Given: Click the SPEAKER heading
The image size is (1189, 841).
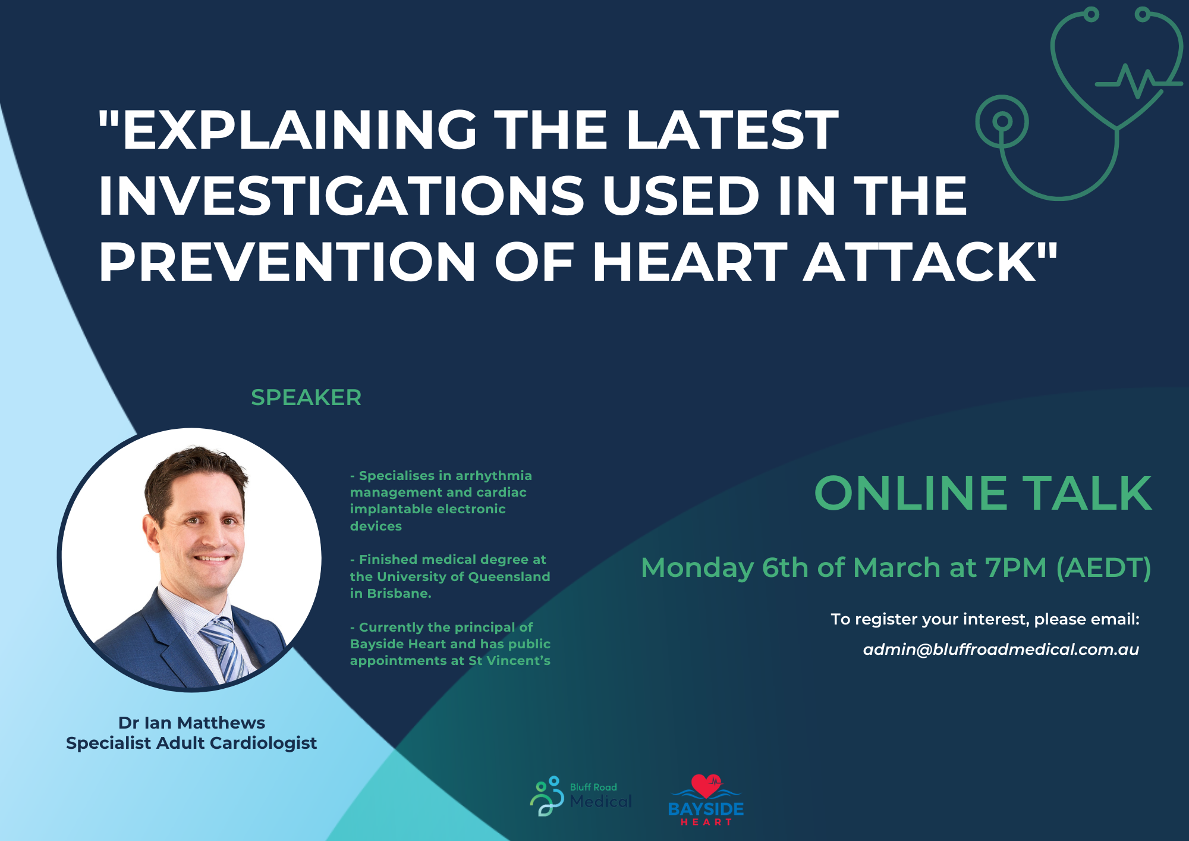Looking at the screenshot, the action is click(306, 397).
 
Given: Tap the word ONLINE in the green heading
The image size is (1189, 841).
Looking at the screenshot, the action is click(910, 493).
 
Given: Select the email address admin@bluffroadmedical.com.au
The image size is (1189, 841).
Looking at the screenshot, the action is click(1001, 649).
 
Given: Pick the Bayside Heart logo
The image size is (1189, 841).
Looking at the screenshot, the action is click(706, 800).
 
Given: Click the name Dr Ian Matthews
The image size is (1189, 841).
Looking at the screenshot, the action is click(191, 723).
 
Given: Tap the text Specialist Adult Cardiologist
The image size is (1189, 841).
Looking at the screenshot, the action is click(191, 743).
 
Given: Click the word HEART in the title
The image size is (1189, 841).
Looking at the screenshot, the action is click(690, 262).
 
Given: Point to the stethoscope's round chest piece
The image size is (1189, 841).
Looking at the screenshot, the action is click(1002, 121).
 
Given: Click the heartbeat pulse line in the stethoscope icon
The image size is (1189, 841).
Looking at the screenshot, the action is click(1138, 81).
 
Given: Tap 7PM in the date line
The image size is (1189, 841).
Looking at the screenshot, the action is click(1015, 567).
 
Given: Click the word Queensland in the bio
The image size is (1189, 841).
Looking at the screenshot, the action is click(509, 577).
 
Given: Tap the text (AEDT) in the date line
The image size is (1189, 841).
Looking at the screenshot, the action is click(1104, 568).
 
